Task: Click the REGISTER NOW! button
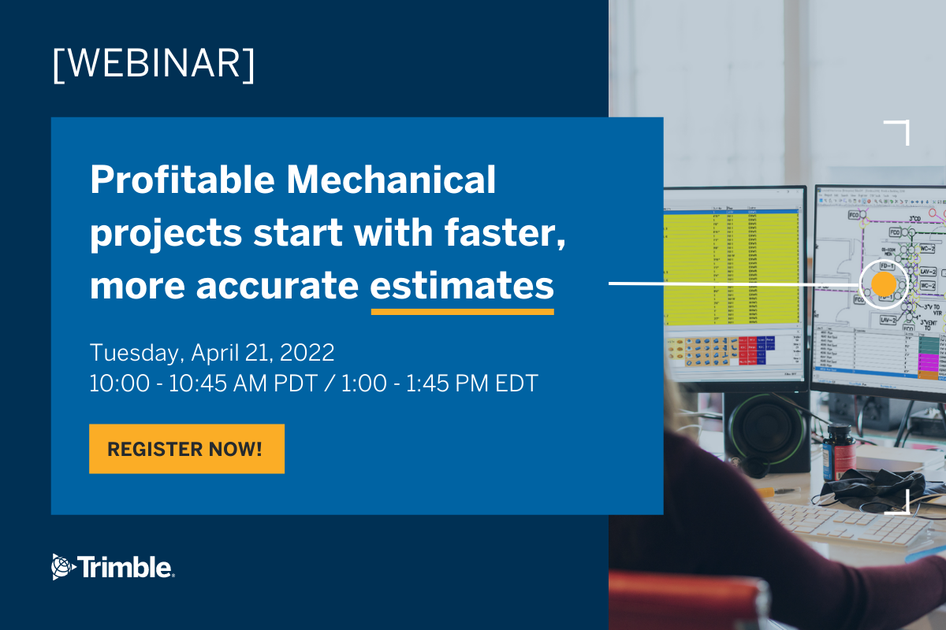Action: (186, 449)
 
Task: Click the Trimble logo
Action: (114, 566)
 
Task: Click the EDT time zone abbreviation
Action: (512, 384)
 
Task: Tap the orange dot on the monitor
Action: (884, 284)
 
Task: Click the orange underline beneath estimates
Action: (462, 311)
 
